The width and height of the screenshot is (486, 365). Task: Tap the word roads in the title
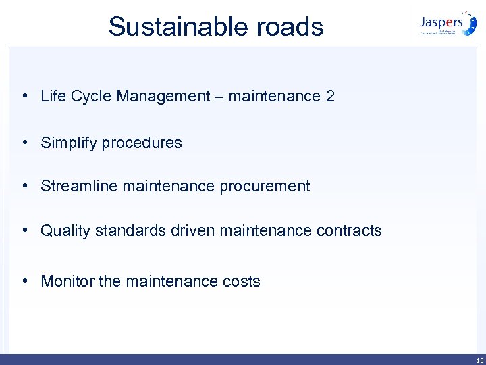pyautogui.click(x=290, y=27)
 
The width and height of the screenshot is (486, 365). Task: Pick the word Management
pyautogui.click(x=163, y=96)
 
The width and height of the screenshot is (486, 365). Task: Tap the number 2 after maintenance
pyautogui.click(x=330, y=96)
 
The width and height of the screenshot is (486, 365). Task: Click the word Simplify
pyautogui.click(x=67, y=143)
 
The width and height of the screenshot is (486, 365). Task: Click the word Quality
pyautogui.click(x=65, y=230)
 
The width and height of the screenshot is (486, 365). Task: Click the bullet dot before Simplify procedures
pyautogui.click(x=24, y=143)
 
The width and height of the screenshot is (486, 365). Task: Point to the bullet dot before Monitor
pyautogui.click(x=24, y=281)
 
